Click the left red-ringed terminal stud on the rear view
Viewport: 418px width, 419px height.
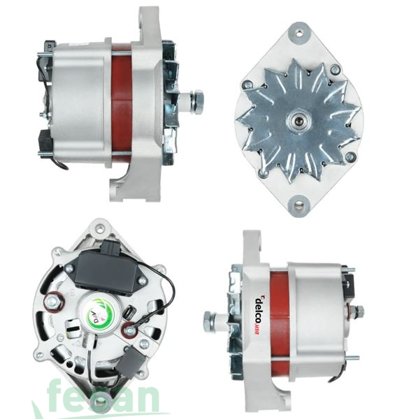pyautogui.click(x=53, y=302)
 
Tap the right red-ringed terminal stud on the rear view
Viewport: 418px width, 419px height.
pyautogui.click(x=130, y=328)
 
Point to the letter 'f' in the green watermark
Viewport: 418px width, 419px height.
pyautogui.click(x=58, y=397)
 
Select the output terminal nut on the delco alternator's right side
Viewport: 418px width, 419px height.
pyautogui.click(x=358, y=311)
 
